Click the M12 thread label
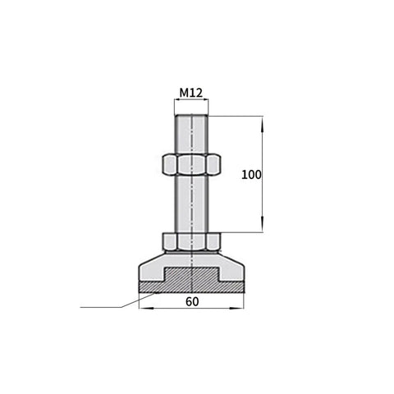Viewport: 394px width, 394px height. (x=191, y=93)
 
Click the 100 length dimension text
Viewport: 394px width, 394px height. (x=251, y=175)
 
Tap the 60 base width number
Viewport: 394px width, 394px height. (x=192, y=301)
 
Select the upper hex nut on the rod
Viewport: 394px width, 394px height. (x=191, y=164)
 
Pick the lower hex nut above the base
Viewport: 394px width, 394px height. (x=191, y=241)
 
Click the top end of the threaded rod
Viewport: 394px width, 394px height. (x=191, y=116)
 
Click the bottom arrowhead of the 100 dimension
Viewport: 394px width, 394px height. (x=262, y=225)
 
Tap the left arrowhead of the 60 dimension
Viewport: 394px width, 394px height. (x=146, y=309)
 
